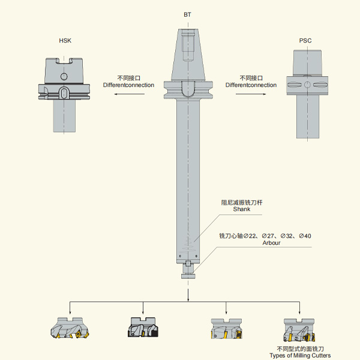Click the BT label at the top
(187, 14)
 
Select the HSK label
(65, 41)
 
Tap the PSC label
(305, 41)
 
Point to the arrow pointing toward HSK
(130, 94)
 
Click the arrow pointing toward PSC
(251, 94)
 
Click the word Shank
(242, 209)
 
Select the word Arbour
(271, 243)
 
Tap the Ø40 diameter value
(305, 236)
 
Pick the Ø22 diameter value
(250, 236)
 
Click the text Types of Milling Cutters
(301, 356)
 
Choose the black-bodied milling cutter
(143, 328)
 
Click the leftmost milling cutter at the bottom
(70, 328)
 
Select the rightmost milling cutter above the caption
(299, 330)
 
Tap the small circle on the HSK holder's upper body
(64, 76)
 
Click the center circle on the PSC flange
(307, 85)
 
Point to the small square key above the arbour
(188, 263)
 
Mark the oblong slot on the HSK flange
(64, 93)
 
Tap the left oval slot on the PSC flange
(295, 85)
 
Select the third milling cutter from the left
(226, 329)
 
